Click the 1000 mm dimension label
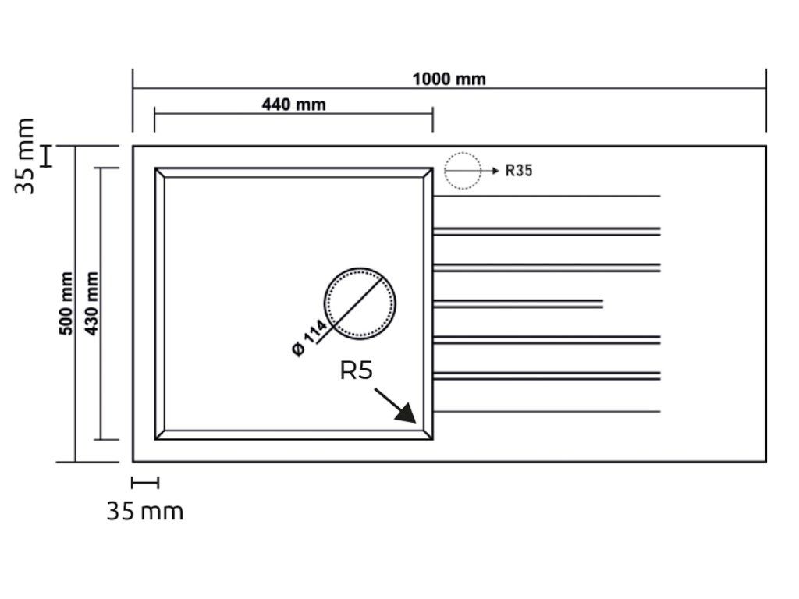pos(449,79)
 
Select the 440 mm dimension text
pos(293,105)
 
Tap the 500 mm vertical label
pos(66,303)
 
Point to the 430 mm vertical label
pos(91,303)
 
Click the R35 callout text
pos(519,171)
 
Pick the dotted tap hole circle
pos(462,152)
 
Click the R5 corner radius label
pos(356,370)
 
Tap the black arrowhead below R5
pos(407,413)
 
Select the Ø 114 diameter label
pos(309,338)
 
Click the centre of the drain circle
pos(360,303)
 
